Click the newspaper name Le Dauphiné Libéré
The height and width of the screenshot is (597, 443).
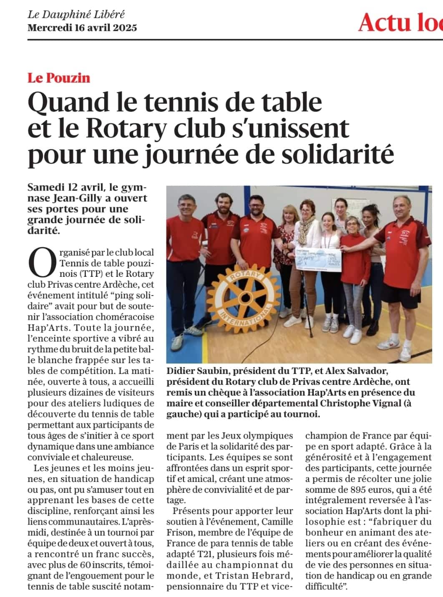coord(76,15)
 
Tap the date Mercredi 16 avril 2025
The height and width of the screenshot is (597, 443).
coord(82,28)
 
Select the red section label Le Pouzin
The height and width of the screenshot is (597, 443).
coord(59,78)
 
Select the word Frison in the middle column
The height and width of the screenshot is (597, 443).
coord(180,532)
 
